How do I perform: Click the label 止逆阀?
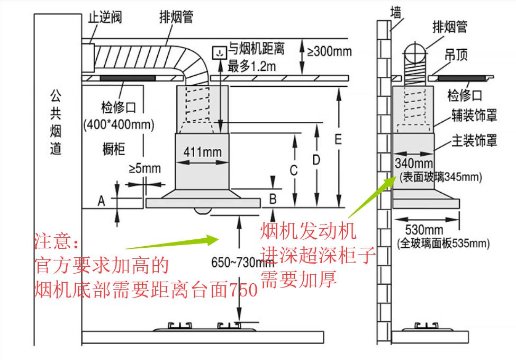click(x=104, y=17)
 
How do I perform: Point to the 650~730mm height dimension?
click(x=237, y=262)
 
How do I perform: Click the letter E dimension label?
click(x=338, y=140)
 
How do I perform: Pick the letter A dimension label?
click(x=101, y=201)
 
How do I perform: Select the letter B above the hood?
click(x=273, y=199)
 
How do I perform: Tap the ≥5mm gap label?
click(x=144, y=169)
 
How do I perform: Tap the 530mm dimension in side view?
click(x=424, y=230)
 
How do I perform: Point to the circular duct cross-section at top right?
click(x=415, y=54)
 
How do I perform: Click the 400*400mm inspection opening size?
click(x=119, y=125)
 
